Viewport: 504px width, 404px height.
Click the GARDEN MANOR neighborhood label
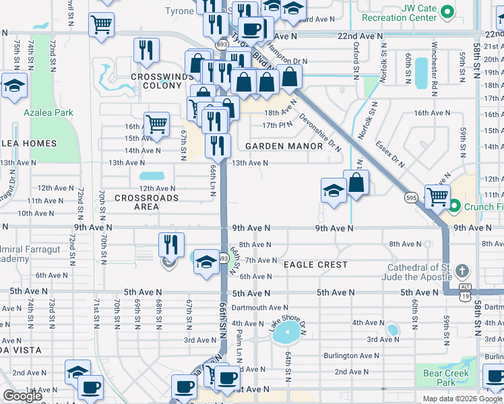tap(284, 146)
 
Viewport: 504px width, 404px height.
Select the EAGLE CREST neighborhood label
tap(315, 265)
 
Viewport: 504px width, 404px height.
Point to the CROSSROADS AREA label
tap(146, 203)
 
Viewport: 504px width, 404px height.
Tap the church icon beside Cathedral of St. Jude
tap(462, 271)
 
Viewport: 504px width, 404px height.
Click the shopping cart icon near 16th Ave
tap(156, 123)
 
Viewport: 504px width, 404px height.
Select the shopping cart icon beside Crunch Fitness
tap(437, 196)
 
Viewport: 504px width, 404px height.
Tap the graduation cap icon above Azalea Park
tap(13, 87)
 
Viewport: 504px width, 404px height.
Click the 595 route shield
tap(410, 198)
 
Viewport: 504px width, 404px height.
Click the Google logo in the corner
tap(22, 395)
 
